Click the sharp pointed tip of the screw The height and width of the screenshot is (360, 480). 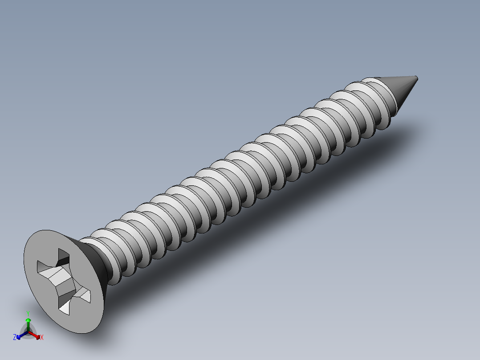point(417,78)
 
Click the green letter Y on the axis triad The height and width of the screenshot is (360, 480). point(28,313)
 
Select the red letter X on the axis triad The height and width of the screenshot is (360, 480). point(42,338)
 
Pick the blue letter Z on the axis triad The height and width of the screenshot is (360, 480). point(15,338)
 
